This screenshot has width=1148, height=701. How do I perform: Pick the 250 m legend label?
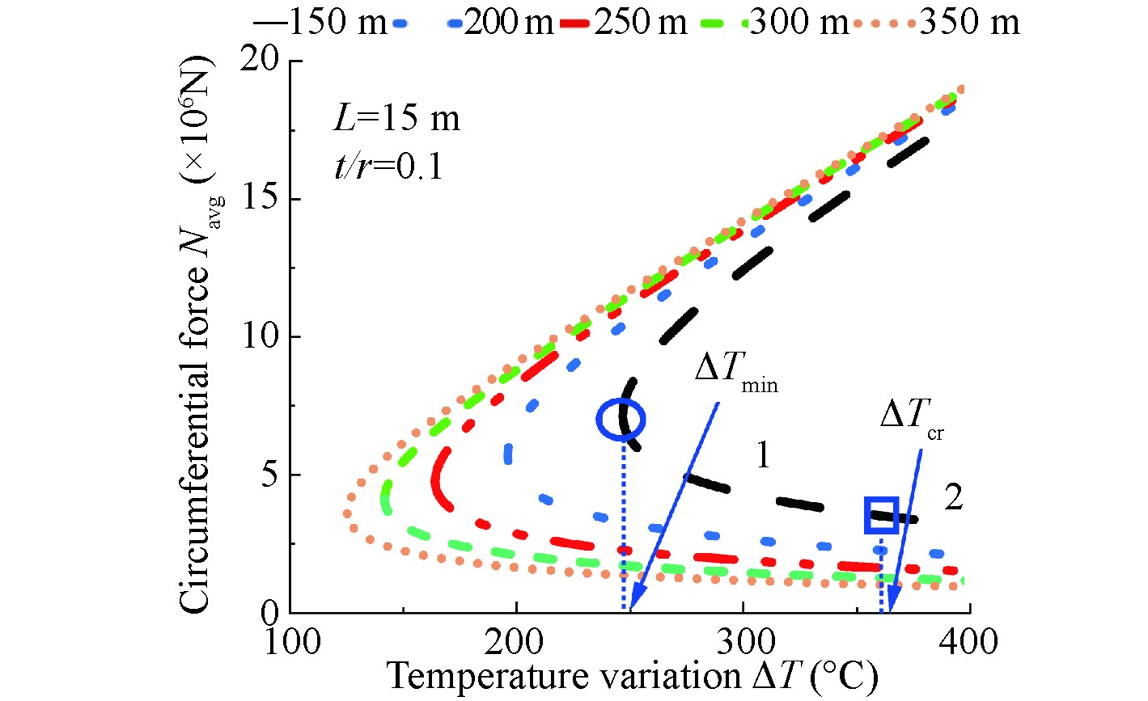click(640, 23)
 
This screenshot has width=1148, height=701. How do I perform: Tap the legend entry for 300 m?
click(796, 23)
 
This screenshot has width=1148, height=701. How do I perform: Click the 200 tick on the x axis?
click(515, 643)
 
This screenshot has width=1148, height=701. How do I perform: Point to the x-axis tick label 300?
click(742, 643)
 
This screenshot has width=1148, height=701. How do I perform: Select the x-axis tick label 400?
click(968, 643)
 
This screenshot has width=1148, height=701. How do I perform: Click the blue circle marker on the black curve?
click(621, 419)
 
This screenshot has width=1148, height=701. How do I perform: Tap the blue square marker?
click(880, 515)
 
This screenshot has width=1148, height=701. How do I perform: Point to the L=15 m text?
click(396, 119)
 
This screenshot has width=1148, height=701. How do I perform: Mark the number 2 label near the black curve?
click(953, 497)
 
